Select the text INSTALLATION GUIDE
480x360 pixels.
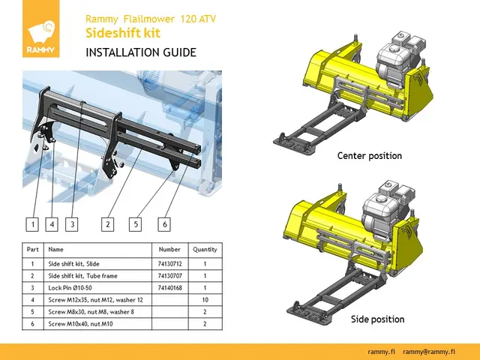click(141, 52)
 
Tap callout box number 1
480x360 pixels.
click(32, 223)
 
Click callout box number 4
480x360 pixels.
click(52, 223)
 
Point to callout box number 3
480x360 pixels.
click(71, 223)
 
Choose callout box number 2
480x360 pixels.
click(108, 223)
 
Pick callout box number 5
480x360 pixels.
click(136, 223)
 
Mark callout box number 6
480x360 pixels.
click(164, 223)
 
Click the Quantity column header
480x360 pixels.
click(205, 249)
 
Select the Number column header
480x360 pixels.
click(169, 249)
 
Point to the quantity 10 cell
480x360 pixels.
click(205, 300)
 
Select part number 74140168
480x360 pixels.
click(169, 287)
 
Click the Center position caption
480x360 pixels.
click(369, 156)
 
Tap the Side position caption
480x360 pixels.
click(377, 319)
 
